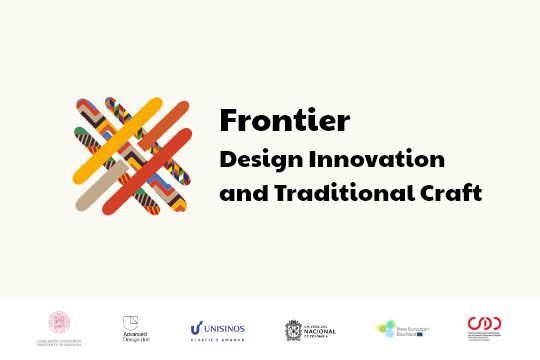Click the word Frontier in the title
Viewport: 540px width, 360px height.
click(x=284, y=121)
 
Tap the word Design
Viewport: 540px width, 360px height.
click(x=256, y=159)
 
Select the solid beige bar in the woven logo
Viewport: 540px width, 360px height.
click(x=101, y=185)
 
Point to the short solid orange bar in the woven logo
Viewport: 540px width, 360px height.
click(x=171, y=118)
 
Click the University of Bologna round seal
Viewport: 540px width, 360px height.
click(x=60, y=322)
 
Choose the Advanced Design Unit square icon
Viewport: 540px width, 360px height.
click(x=130, y=321)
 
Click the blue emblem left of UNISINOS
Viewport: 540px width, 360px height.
click(x=196, y=327)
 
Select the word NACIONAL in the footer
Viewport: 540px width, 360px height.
click(x=320, y=330)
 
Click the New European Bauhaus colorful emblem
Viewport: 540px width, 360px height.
click(x=387, y=328)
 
